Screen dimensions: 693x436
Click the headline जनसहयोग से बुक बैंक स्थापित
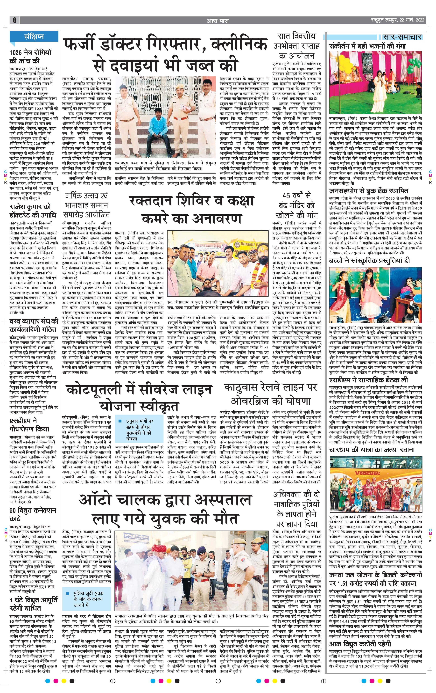tap(373, 191)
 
